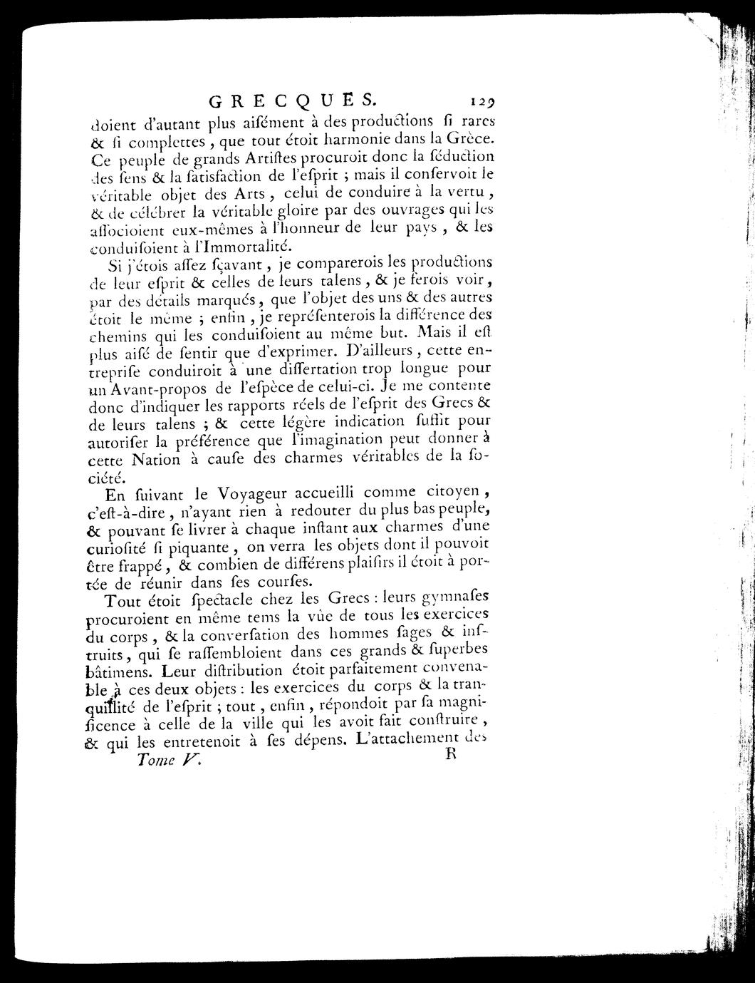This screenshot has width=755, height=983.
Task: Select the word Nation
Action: (x=156, y=460)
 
